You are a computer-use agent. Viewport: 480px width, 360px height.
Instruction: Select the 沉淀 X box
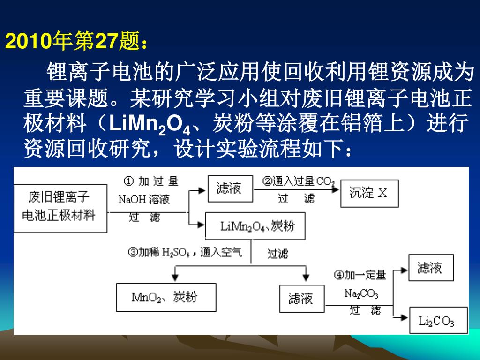(368, 193)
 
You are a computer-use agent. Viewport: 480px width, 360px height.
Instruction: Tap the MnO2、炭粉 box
(166, 297)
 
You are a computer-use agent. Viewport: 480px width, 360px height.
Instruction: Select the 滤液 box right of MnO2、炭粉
(301, 298)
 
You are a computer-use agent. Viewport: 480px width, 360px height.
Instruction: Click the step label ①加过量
(151, 181)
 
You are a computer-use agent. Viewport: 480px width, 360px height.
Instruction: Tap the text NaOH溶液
(144, 200)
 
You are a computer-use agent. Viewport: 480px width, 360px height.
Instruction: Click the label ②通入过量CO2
(298, 181)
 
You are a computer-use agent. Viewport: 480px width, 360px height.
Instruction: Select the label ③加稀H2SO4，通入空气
(185, 253)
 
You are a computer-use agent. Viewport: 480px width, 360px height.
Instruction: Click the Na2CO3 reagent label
(361, 294)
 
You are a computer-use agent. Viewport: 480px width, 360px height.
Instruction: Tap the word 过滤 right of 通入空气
(277, 254)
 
